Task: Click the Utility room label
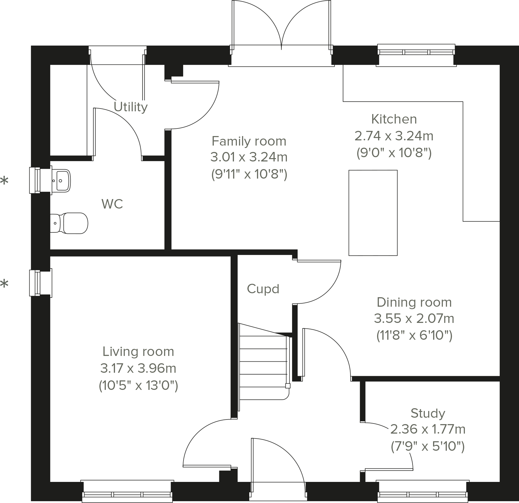pyautogui.click(x=131, y=107)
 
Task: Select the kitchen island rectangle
pyautogui.click(x=373, y=213)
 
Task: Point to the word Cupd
pyautogui.click(x=263, y=289)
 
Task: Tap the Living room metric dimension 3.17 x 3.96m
pyautogui.click(x=138, y=368)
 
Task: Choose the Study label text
pyautogui.click(x=428, y=413)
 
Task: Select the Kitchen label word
pyautogui.click(x=394, y=119)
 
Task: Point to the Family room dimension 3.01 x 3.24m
pyautogui.click(x=249, y=157)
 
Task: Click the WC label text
pyautogui.click(x=112, y=204)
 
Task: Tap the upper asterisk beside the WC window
pyautogui.click(x=4, y=181)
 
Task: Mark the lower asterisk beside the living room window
pyautogui.click(x=4, y=284)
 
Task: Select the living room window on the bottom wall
pyautogui.click(x=127, y=492)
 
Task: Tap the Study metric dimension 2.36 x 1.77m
pyautogui.click(x=428, y=430)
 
